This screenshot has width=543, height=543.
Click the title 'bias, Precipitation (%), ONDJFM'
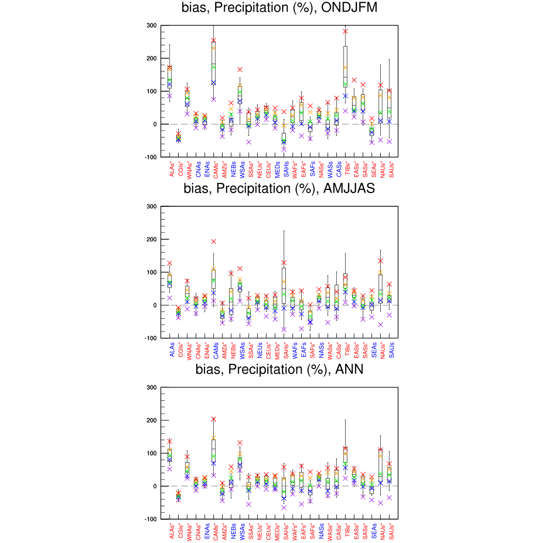(279, 8)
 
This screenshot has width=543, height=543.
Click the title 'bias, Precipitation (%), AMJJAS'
(279, 188)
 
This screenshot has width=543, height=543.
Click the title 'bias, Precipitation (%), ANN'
(279, 370)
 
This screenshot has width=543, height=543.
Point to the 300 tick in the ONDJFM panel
(152, 25)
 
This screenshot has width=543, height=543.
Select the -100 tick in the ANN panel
(151, 519)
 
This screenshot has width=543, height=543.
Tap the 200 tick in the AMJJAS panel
(152, 239)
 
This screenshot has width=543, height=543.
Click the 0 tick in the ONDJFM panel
(154, 124)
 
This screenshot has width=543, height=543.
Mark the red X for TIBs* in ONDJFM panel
(345, 31)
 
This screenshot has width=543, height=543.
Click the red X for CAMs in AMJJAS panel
(214, 242)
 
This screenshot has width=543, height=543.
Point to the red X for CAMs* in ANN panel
(214, 419)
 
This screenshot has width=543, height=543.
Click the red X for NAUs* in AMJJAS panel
(381, 261)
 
